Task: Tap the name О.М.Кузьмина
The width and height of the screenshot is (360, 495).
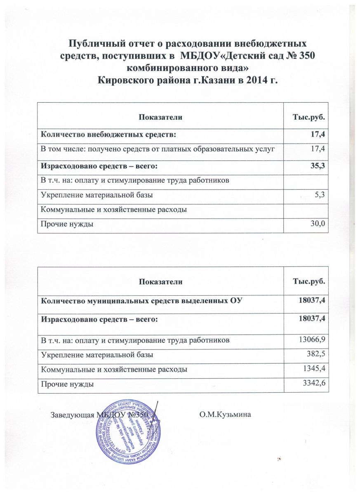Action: tap(224, 414)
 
